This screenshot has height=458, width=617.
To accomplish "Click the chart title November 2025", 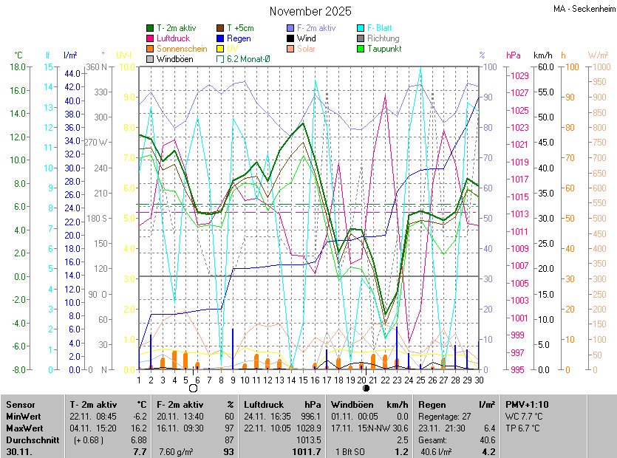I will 310,11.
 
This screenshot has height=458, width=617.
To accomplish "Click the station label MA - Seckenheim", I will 584,9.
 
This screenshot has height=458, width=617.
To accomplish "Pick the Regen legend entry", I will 239,38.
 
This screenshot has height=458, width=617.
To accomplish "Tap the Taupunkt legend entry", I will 384,49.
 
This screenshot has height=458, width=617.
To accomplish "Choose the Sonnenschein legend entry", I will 182,49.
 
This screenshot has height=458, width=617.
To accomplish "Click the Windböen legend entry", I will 174,59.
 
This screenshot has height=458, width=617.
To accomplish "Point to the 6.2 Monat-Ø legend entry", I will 248,59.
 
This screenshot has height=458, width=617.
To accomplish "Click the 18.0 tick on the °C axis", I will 16,66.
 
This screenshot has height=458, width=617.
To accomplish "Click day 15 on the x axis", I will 302,380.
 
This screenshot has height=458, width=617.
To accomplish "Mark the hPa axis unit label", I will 513,55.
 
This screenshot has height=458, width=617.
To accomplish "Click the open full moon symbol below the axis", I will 194,388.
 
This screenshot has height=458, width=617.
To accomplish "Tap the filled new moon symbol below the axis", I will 366,388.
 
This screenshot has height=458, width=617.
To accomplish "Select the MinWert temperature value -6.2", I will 140,416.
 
